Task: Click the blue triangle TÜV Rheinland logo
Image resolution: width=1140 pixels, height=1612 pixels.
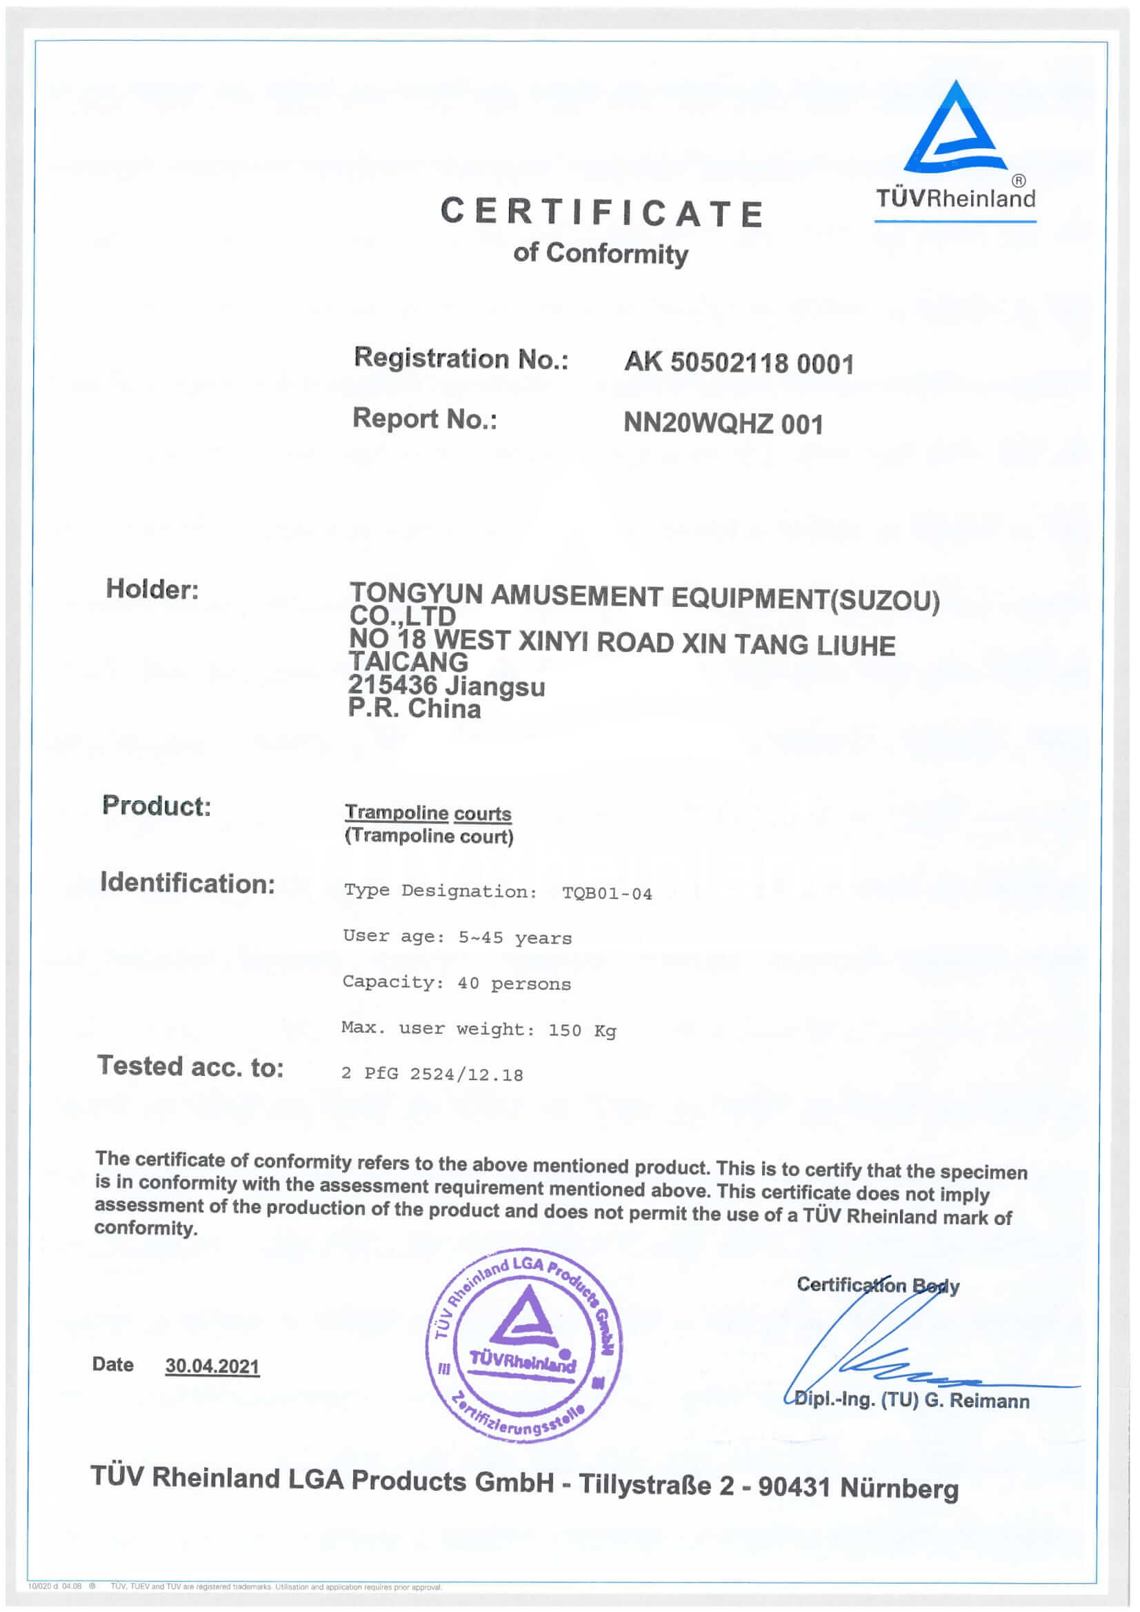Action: pyautogui.click(x=954, y=130)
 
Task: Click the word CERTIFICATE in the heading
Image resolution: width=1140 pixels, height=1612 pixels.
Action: pyautogui.click(x=601, y=212)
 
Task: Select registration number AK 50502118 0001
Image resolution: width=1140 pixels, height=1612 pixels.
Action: pyautogui.click(x=739, y=363)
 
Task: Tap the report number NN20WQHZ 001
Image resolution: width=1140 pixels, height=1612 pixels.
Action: pyautogui.click(x=723, y=424)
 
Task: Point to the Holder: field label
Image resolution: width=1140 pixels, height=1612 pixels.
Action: pyautogui.click(x=152, y=589)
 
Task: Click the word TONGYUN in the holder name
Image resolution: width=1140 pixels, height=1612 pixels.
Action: pyautogui.click(x=416, y=594)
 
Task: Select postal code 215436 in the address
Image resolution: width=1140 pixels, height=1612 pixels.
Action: pyautogui.click(x=392, y=684)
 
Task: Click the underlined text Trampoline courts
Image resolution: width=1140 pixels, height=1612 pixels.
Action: pyautogui.click(x=428, y=813)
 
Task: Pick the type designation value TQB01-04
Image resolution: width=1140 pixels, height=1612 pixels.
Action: pyautogui.click(x=606, y=894)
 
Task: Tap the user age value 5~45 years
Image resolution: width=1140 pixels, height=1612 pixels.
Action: pyautogui.click(x=514, y=938)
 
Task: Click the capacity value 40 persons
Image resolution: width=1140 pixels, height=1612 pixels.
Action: pyautogui.click(x=514, y=984)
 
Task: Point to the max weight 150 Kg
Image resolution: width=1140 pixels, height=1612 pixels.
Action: pyautogui.click(x=582, y=1030)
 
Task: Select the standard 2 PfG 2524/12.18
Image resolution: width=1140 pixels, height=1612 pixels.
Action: pyautogui.click(x=432, y=1074)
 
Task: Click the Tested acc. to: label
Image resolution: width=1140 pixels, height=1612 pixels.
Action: pyautogui.click(x=190, y=1067)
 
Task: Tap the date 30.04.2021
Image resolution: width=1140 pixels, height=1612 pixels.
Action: pyautogui.click(x=212, y=1366)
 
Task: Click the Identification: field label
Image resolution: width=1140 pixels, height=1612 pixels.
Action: pyautogui.click(x=188, y=883)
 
